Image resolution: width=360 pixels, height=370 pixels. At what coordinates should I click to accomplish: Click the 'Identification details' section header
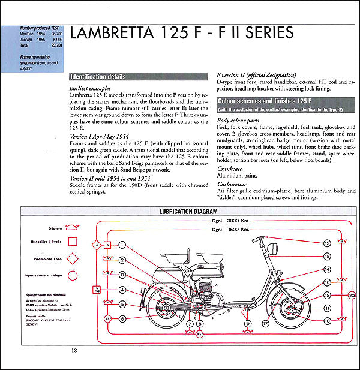coord(97,77)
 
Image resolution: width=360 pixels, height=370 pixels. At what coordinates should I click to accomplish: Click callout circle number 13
coord(327,243)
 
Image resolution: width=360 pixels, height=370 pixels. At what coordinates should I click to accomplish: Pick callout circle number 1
coord(122,245)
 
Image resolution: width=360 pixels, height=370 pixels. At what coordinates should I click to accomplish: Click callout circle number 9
coord(247,324)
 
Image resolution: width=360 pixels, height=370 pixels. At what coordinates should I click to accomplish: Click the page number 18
coord(73,351)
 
